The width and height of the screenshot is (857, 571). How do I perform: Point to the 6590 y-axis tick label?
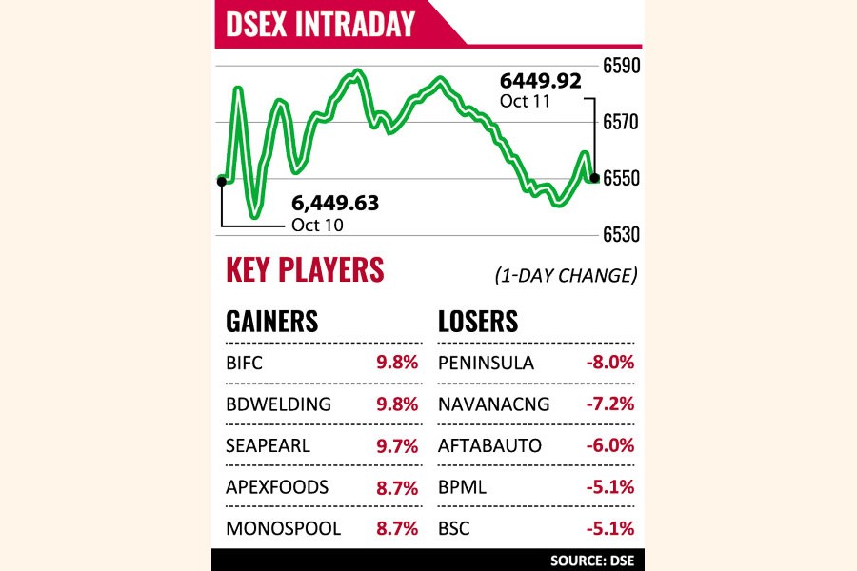click(620, 66)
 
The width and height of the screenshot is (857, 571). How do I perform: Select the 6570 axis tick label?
click(620, 122)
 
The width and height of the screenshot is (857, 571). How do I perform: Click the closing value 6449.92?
click(542, 82)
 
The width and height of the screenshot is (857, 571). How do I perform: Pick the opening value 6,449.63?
click(335, 203)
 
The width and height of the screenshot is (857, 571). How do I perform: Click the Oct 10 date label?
click(317, 226)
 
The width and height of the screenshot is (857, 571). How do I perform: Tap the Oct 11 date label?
click(525, 102)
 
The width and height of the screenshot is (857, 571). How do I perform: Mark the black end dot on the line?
click(595, 177)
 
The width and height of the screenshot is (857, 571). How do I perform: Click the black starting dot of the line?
click(221, 180)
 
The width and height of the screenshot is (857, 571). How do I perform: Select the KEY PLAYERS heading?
click(305, 270)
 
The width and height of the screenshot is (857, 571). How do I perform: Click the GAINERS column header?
click(272, 322)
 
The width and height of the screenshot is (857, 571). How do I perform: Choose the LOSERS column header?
click(478, 322)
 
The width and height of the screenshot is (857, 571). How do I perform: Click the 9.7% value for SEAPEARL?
click(398, 445)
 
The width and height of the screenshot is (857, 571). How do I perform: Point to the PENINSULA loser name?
click(486, 363)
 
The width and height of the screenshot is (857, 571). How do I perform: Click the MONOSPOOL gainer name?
click(283, 528)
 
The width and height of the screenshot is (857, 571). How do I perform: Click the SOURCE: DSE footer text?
click(592, 561)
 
